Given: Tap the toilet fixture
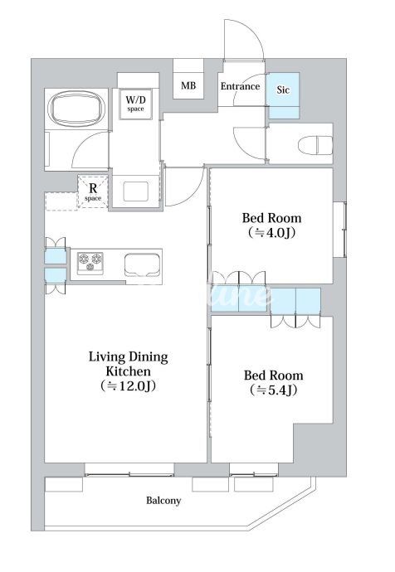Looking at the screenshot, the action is click(x=315, y=145).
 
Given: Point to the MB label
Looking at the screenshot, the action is click(x=188, y=85).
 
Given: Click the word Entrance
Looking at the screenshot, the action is click(x=240, y=86).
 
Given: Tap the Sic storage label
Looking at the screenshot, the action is click(x=283, y=90).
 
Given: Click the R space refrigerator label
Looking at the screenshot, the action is click(x=93, y=191).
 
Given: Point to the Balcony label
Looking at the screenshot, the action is click(x=163, y=501).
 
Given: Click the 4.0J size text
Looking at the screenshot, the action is click(x=271, y=232).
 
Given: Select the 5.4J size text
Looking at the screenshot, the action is click(x=274, y=390).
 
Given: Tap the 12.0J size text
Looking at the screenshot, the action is click(x=128, y=385).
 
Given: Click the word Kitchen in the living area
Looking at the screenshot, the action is click(x=128, y=371).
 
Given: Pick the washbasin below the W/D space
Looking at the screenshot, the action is click(x=136, y=191).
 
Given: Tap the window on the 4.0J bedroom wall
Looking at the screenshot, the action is click(x=339, y=229).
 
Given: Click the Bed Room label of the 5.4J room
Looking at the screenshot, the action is click(x=274, y=376).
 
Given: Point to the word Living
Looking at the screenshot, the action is click(x=105, y=357).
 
